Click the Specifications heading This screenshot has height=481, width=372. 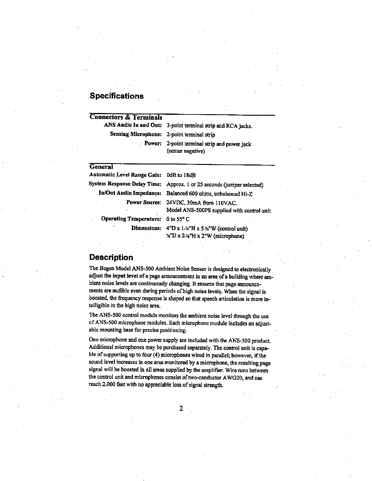pyautogui.click(x=116, y=96)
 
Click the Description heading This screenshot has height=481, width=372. pyautogui.click(x=111, y=258)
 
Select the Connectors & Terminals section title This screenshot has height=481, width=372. pyautogui.click(x=126, y=117)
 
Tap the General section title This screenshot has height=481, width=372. pyautogui.click(x=101, y=167)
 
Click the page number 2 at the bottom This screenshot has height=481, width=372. pyautogui.click(x=181, y=409)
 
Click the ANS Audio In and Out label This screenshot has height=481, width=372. pyautogui.click(x=133, y=125)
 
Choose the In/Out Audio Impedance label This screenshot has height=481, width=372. pyautogui.click(x=130, y=193)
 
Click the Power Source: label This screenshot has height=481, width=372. pyautogui.click(x=143, y=202)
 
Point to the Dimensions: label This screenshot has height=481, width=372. pyautogui.click(x=146, y=228)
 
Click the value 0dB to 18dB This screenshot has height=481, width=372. pyautogui.click(x=181, y=175)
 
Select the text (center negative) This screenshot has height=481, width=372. pyautogui.click(x=186, y=151)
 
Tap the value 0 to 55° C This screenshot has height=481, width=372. pyautogui.click(x=178, y=219)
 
